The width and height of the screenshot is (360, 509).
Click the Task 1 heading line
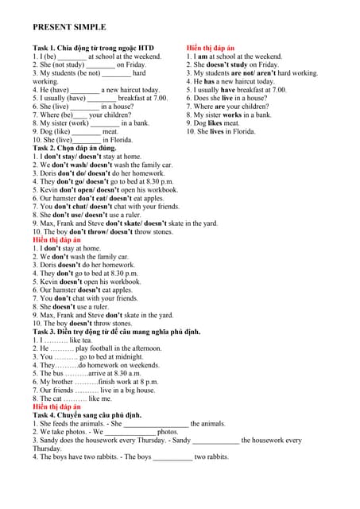click(93, 48)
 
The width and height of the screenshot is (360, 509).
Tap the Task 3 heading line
click(116, 332)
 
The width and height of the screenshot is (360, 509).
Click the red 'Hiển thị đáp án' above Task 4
click(56, 406)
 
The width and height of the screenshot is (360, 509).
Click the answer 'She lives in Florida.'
click(221, 131)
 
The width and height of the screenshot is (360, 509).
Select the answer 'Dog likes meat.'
click(212, 123)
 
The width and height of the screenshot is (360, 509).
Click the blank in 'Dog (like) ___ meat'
click(87, 132)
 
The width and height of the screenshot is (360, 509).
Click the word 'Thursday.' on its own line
click(47, 449)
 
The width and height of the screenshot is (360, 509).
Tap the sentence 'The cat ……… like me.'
click(67, 398)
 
